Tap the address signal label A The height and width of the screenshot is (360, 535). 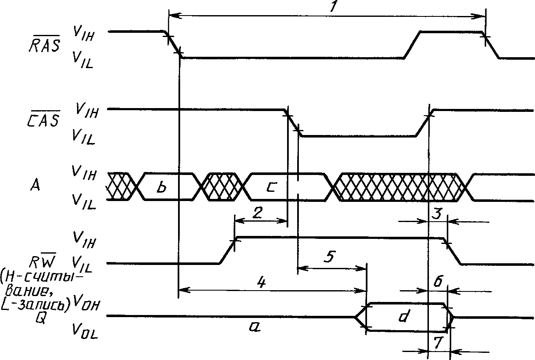[x=36, y=185]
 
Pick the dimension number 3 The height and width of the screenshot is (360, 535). [x=437, y=214]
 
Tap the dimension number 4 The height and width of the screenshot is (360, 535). [x=261, y=283]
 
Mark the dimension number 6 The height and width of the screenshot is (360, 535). [x=437, y=281]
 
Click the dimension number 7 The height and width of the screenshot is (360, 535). [x=438, y=343]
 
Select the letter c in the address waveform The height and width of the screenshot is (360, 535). [x=271, y=187]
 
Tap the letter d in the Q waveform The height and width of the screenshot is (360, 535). [x=404, y=316]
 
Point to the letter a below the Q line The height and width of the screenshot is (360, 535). [x=255, y=327]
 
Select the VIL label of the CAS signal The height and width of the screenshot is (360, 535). [x=83, y=136]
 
